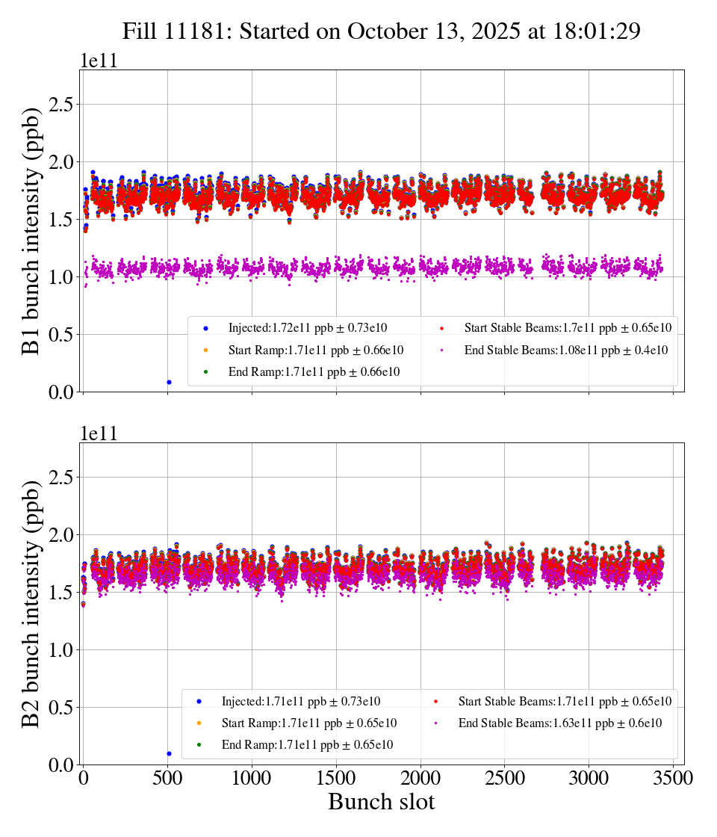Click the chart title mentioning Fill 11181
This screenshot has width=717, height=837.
pos(382,31)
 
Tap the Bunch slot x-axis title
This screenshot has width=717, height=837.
pos(381,803)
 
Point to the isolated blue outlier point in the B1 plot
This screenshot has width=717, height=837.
pos(169,382)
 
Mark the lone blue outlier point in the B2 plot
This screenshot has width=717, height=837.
pos(169,753)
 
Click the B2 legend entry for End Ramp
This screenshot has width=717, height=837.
pos(307,745)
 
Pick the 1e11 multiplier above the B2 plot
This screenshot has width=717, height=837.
pos(99,433)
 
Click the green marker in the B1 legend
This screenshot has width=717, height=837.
pos(205,372)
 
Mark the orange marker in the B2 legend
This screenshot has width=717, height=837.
pos(199,723)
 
